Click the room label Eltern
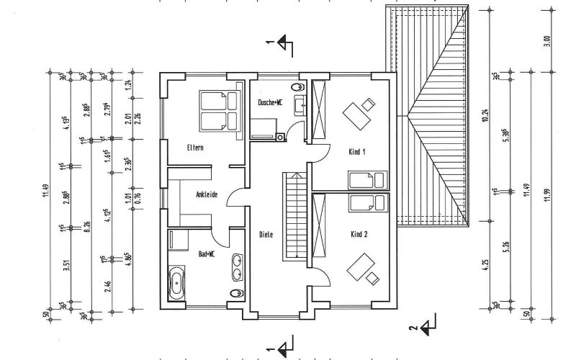[194, 148]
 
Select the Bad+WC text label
[207, 254]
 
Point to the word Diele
[267, 234]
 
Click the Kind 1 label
[358, 152]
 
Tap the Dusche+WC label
[270, 103]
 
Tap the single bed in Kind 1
[368, 179]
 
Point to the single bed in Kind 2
[368, 204]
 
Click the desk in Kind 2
[360, 266]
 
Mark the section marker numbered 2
[429, 327]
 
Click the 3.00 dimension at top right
[546, 41]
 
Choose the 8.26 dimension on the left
[66, 228]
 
